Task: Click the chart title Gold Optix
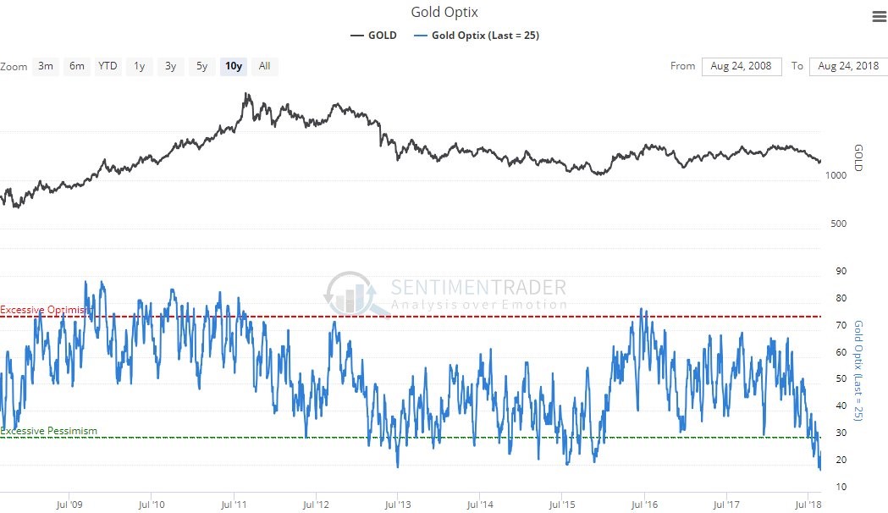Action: (444, 12)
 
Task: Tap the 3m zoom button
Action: (46, 66)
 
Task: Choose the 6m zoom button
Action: (76, 66)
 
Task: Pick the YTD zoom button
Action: (108, 66)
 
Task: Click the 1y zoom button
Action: (140, 66)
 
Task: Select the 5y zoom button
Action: (201, 66)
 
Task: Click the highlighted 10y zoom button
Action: (233, 66)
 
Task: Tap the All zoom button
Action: (264, 66)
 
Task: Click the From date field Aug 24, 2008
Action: (742, 66)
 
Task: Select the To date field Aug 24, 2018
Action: (847, 66)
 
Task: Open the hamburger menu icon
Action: (878, 17)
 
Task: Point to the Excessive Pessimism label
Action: (49, 431)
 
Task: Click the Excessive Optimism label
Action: (45, 311)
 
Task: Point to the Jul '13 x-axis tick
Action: (397, 505)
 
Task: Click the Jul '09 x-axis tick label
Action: (69, 505)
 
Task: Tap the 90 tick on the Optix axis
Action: (841, 271)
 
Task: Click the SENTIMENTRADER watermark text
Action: (478, 287)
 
